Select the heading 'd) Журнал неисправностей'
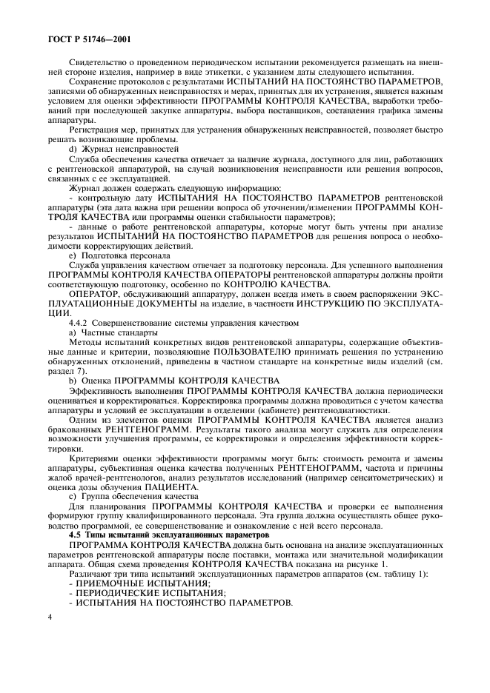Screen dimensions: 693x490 (x=113, y=149)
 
